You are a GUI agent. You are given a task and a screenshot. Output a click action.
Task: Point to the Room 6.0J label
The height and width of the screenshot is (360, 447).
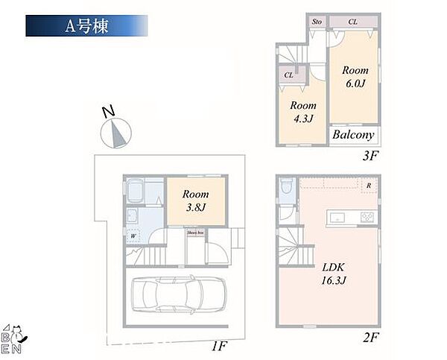tap(355, 76)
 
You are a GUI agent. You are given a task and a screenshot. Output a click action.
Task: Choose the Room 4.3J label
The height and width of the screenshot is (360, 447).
tap(303, 111)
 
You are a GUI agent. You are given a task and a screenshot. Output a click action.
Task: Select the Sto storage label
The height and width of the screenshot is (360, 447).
tap(316, 22)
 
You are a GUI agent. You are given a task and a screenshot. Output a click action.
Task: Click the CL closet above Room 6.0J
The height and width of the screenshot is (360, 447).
tap(353, 22)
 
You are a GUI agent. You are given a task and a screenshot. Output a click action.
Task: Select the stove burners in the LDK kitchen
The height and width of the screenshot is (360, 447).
tap(368, 217)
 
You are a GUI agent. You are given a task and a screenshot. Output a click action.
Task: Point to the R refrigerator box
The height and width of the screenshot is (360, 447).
tap(369, 185)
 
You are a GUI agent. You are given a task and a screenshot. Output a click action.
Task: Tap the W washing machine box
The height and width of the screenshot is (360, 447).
tap(133, 237)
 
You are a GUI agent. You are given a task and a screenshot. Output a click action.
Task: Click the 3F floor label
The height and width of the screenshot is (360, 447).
tap(372, 158)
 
